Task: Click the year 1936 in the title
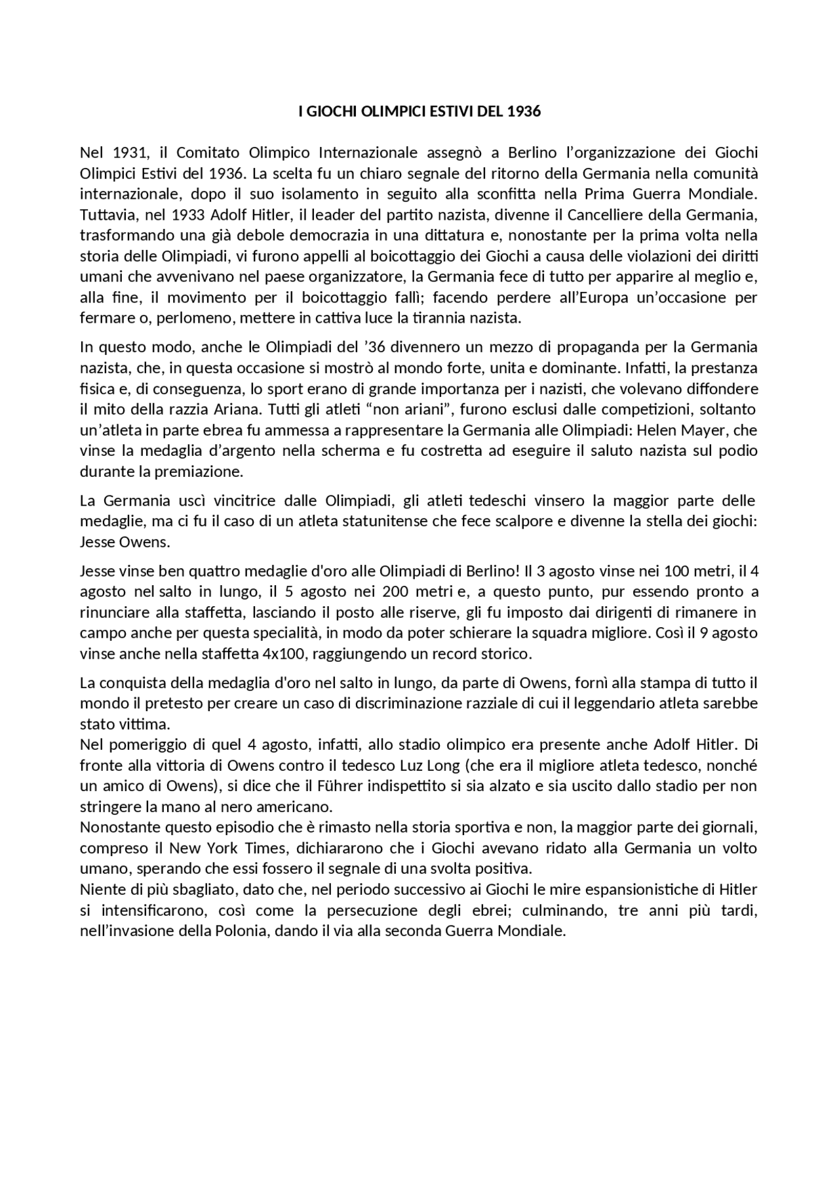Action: coord(524,112)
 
